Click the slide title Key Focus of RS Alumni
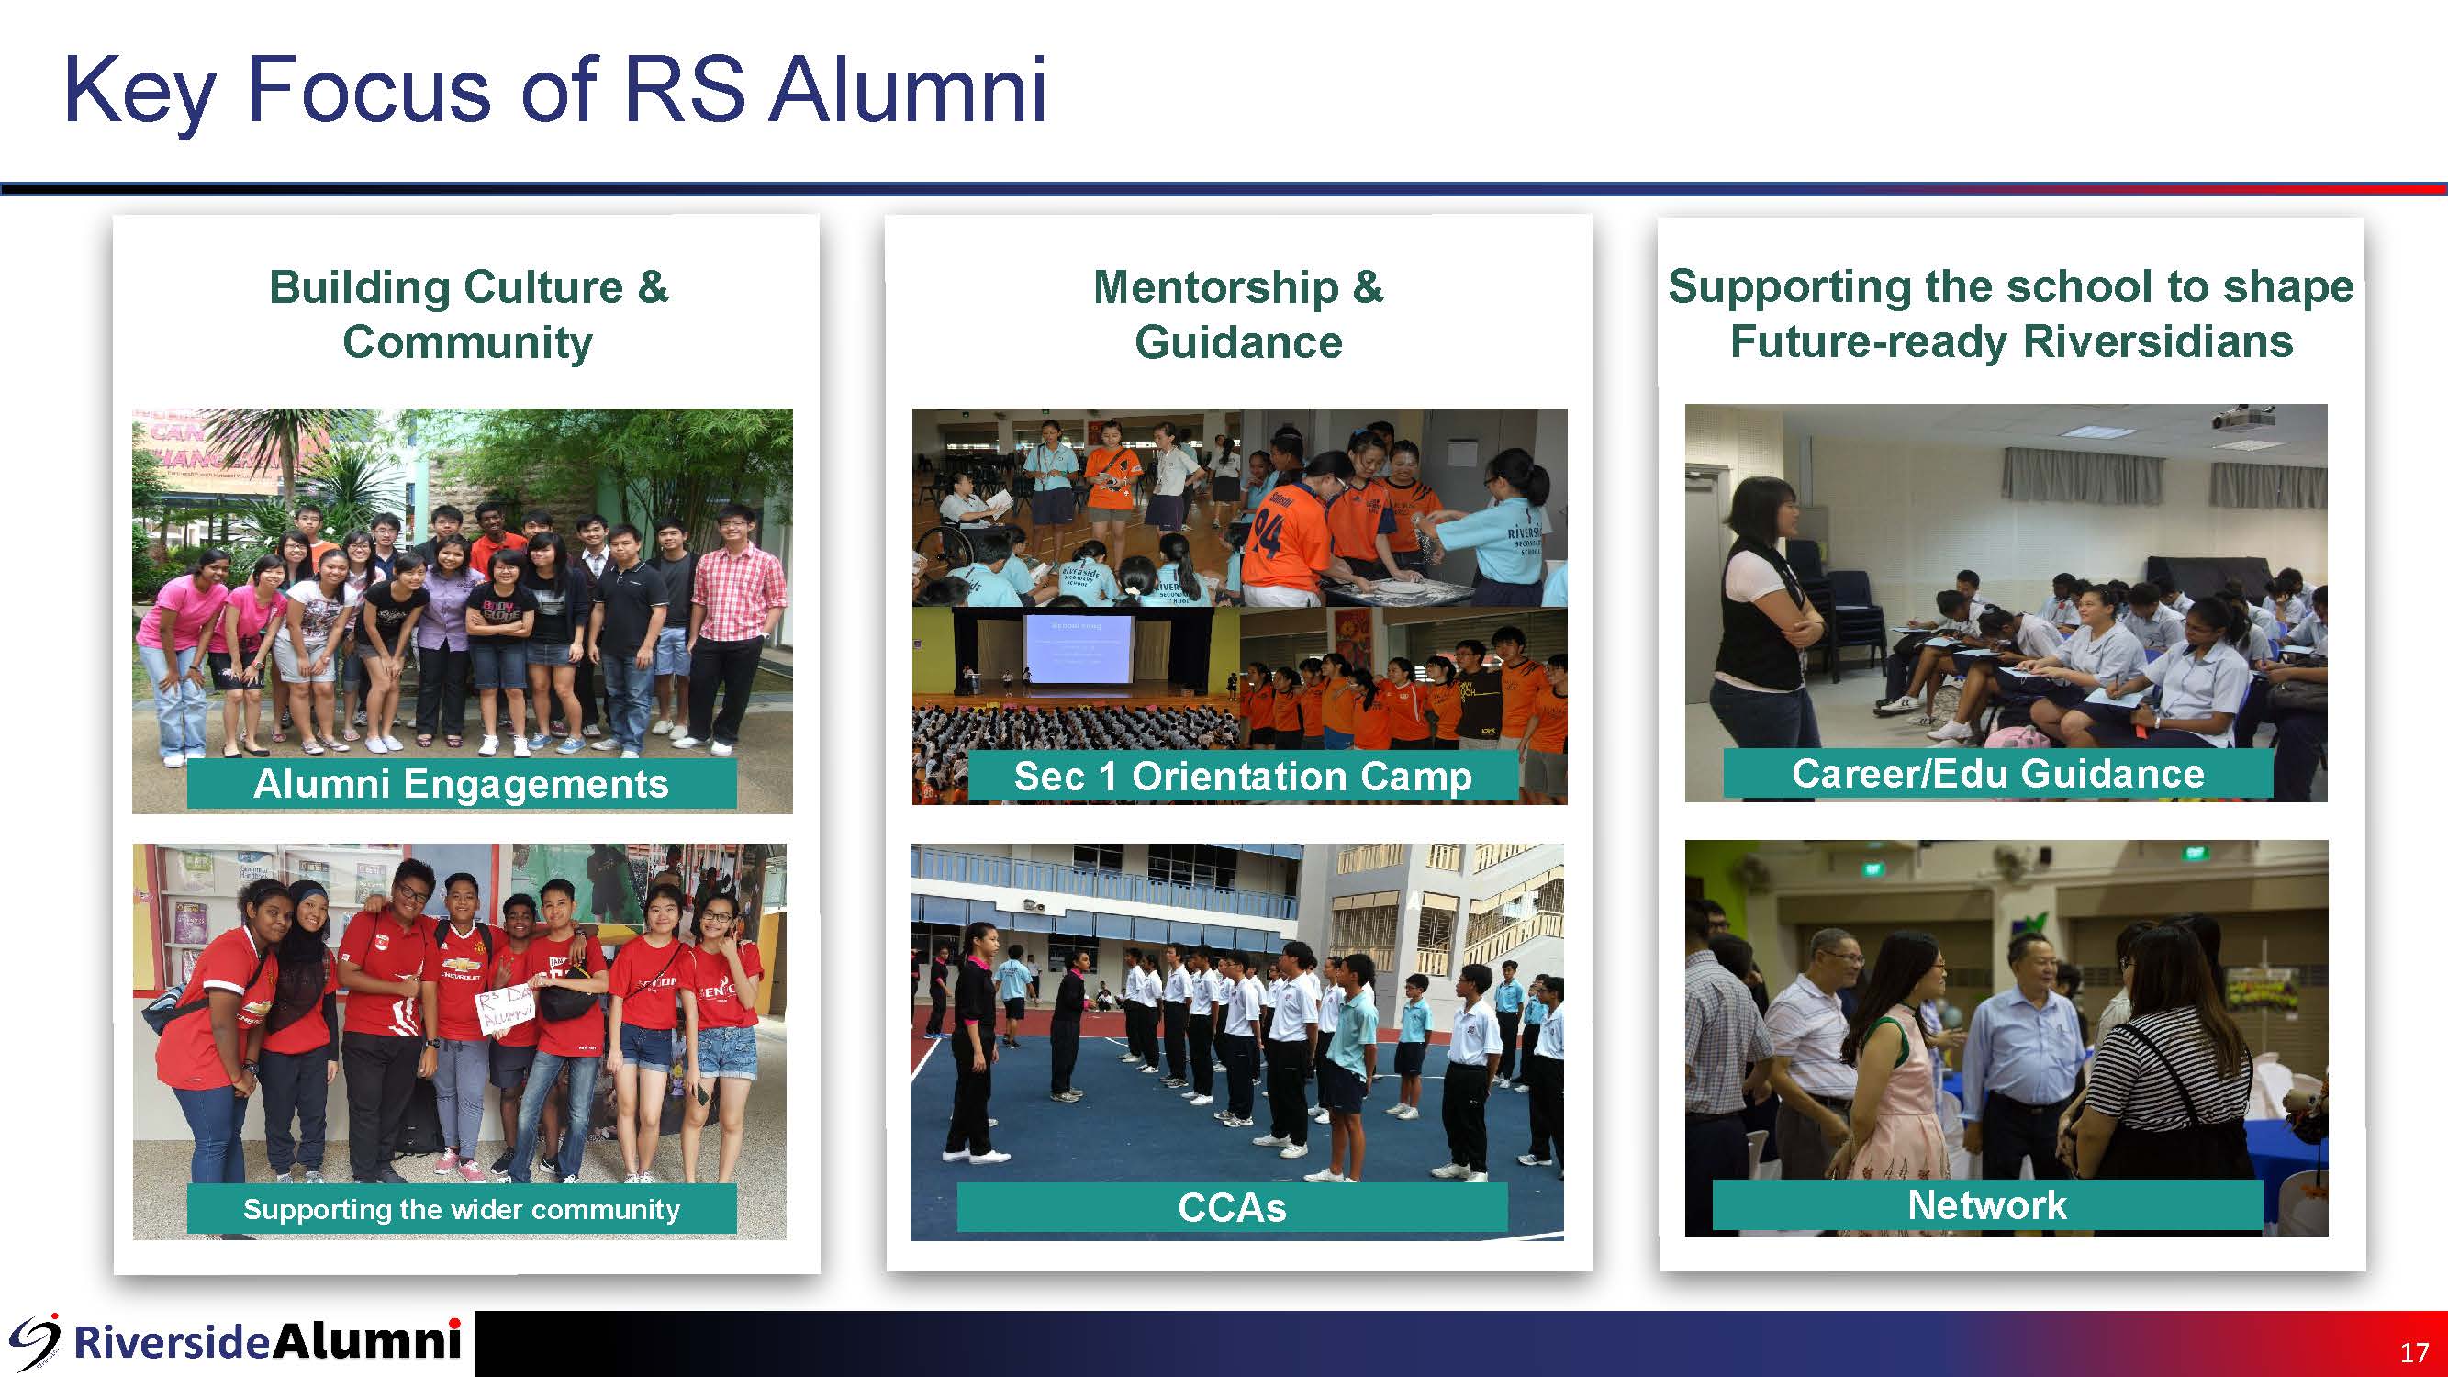(x=555, y=91)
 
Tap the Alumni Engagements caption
(x=461, y=784)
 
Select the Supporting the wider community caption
(x=461, y=1209)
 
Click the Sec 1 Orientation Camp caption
(x=1242, y=777)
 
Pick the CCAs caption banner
(x=1232, y=1208)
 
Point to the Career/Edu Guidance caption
(x=1997, y=774)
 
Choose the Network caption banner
(x=1987, y=1205)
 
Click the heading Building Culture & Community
(x=467, y=314)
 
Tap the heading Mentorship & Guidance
(x=1238, y=314)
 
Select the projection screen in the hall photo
(x=1078, y=649)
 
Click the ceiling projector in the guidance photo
(x=2241, y=418)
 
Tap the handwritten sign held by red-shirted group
(x=505, y=1009)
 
